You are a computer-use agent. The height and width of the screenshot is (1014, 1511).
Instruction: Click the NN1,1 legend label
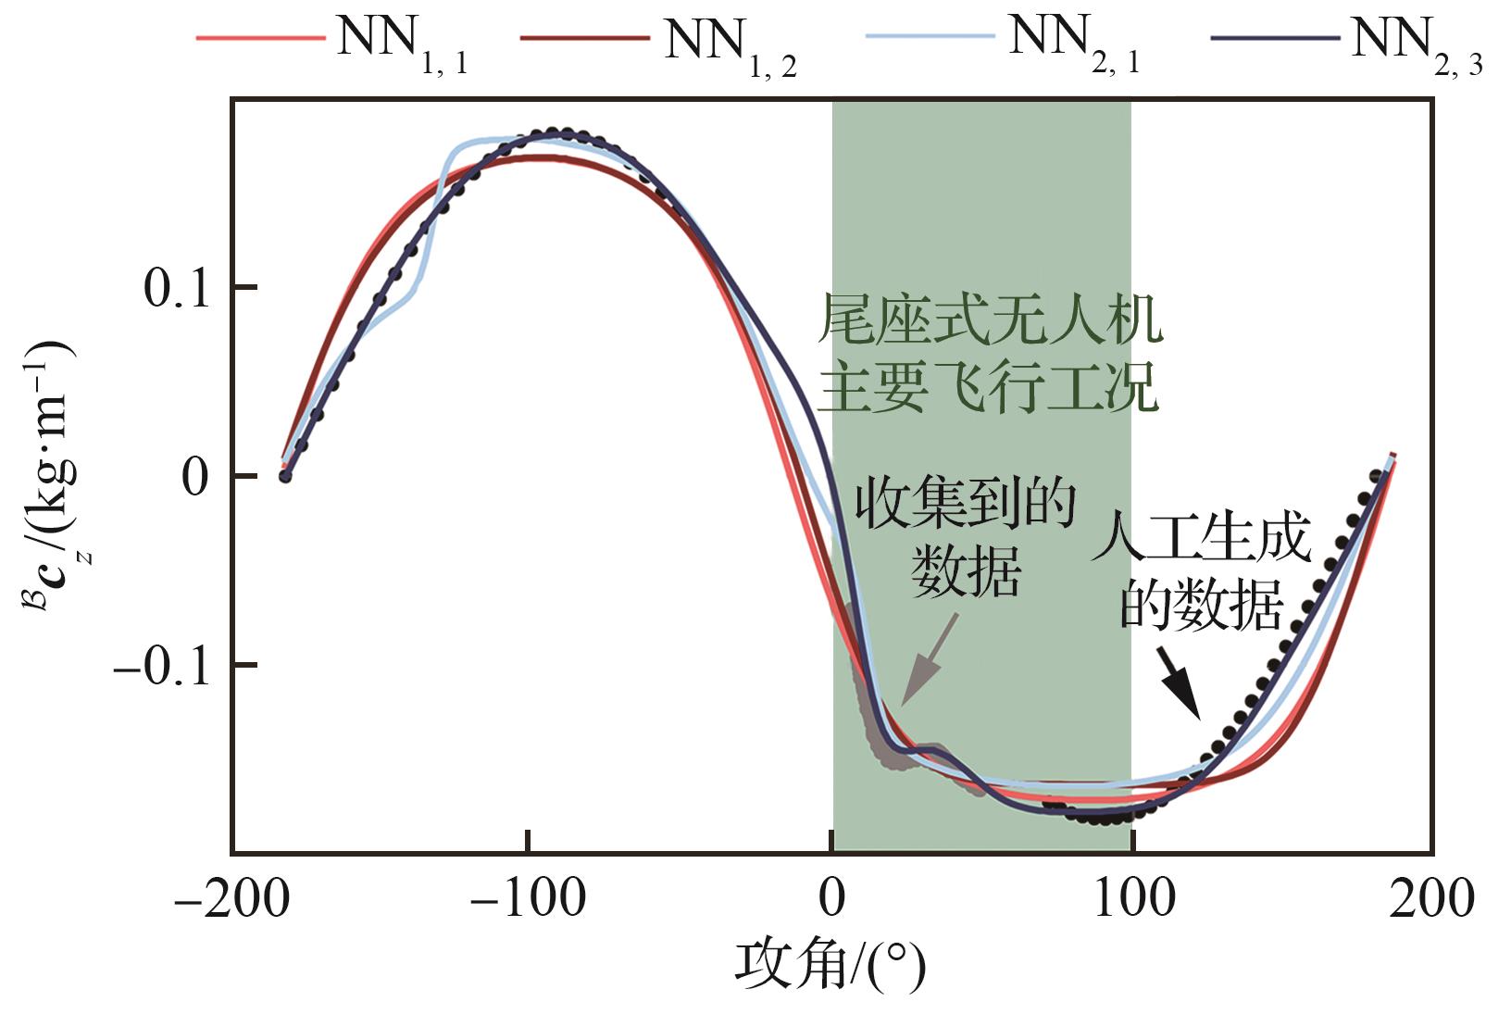coord(402,44)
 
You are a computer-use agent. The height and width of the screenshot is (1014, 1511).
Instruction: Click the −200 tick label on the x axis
coord(231,898)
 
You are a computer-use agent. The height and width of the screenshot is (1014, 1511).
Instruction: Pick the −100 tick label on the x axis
coord(528,898)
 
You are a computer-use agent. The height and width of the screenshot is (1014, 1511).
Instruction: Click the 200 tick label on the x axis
coord(1431,898)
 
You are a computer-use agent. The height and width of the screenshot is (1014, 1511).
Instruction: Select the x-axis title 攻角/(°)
coord(830,967)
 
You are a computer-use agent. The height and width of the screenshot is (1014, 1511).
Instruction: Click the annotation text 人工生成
coord(1202,541)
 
